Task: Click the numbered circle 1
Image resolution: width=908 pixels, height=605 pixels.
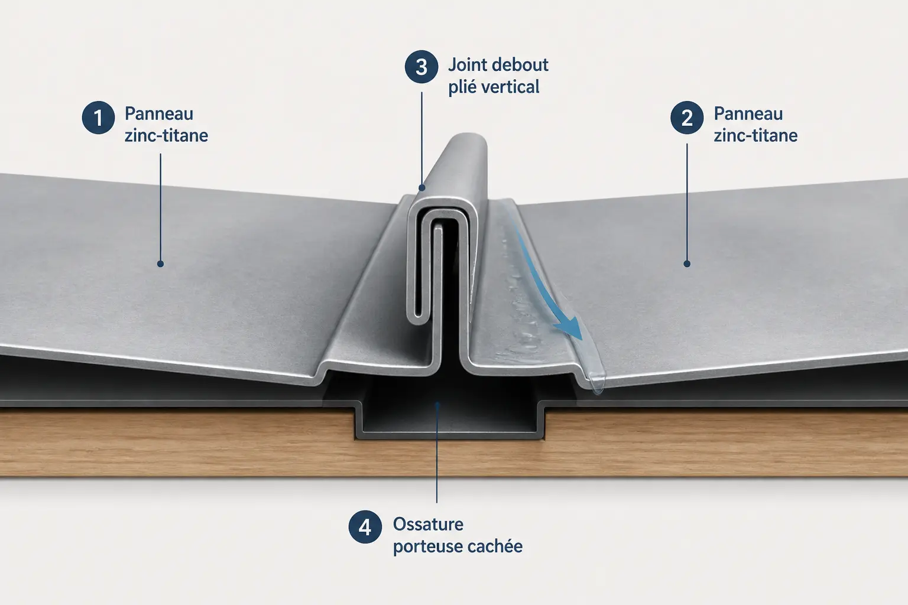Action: (x=99, y=118)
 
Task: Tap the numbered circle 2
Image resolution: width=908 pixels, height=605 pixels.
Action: (x=687, y=118)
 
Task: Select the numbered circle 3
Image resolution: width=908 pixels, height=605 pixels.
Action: (x=421, y=67)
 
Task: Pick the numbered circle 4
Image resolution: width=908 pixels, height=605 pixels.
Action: (x=365, y=527)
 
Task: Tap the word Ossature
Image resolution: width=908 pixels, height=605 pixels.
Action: (x=428, y=525)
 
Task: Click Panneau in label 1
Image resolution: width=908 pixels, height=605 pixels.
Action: (x=159, y=114)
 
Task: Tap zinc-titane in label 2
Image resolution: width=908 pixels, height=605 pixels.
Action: (x=755, y=136)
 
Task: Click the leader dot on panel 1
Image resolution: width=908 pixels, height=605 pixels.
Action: (x=161, y=264)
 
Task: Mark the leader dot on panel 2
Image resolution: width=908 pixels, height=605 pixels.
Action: (x=687, y=264)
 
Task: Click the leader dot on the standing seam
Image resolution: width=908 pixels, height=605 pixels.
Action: (x=421, y=188)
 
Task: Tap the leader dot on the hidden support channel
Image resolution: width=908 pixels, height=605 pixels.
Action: (x=437, y=404)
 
